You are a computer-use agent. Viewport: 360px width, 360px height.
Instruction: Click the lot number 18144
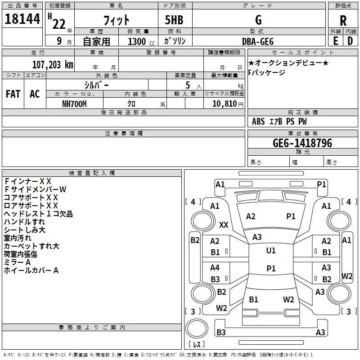click(22, 19)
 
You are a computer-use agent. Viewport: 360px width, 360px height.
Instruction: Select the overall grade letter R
click(343, 21)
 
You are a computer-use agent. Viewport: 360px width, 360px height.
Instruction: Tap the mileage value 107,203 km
click(53, 65)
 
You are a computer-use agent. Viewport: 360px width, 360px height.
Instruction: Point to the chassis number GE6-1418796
click(302, 143)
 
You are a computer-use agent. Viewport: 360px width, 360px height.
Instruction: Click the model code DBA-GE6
click(258, 41)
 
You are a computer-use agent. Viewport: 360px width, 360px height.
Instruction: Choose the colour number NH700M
click(74, 104)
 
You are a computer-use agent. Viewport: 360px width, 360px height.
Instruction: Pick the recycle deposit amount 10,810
click(225, 104)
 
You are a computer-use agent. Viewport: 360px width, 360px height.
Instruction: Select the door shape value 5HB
click(174, 20)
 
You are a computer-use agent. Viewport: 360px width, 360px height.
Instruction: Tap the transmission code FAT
click(13, 94)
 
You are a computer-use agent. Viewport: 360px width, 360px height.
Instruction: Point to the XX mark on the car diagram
click(224, 225)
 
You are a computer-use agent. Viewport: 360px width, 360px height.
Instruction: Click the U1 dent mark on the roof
click(271, 250)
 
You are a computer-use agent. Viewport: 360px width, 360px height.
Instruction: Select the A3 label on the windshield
click(257, 237)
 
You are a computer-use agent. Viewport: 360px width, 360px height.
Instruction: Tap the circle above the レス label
click(197, 328)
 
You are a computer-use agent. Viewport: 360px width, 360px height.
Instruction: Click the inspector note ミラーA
click(17, 262)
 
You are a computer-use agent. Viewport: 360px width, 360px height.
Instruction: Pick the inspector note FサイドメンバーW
click(35, 189)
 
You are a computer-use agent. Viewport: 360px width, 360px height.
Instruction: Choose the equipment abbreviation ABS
click(258, 121)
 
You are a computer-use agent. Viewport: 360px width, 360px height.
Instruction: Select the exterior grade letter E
click(336, 41)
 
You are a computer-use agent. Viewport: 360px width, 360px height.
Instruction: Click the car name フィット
click(117, 20)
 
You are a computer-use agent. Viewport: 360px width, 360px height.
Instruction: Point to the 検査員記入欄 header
click(92, 173)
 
